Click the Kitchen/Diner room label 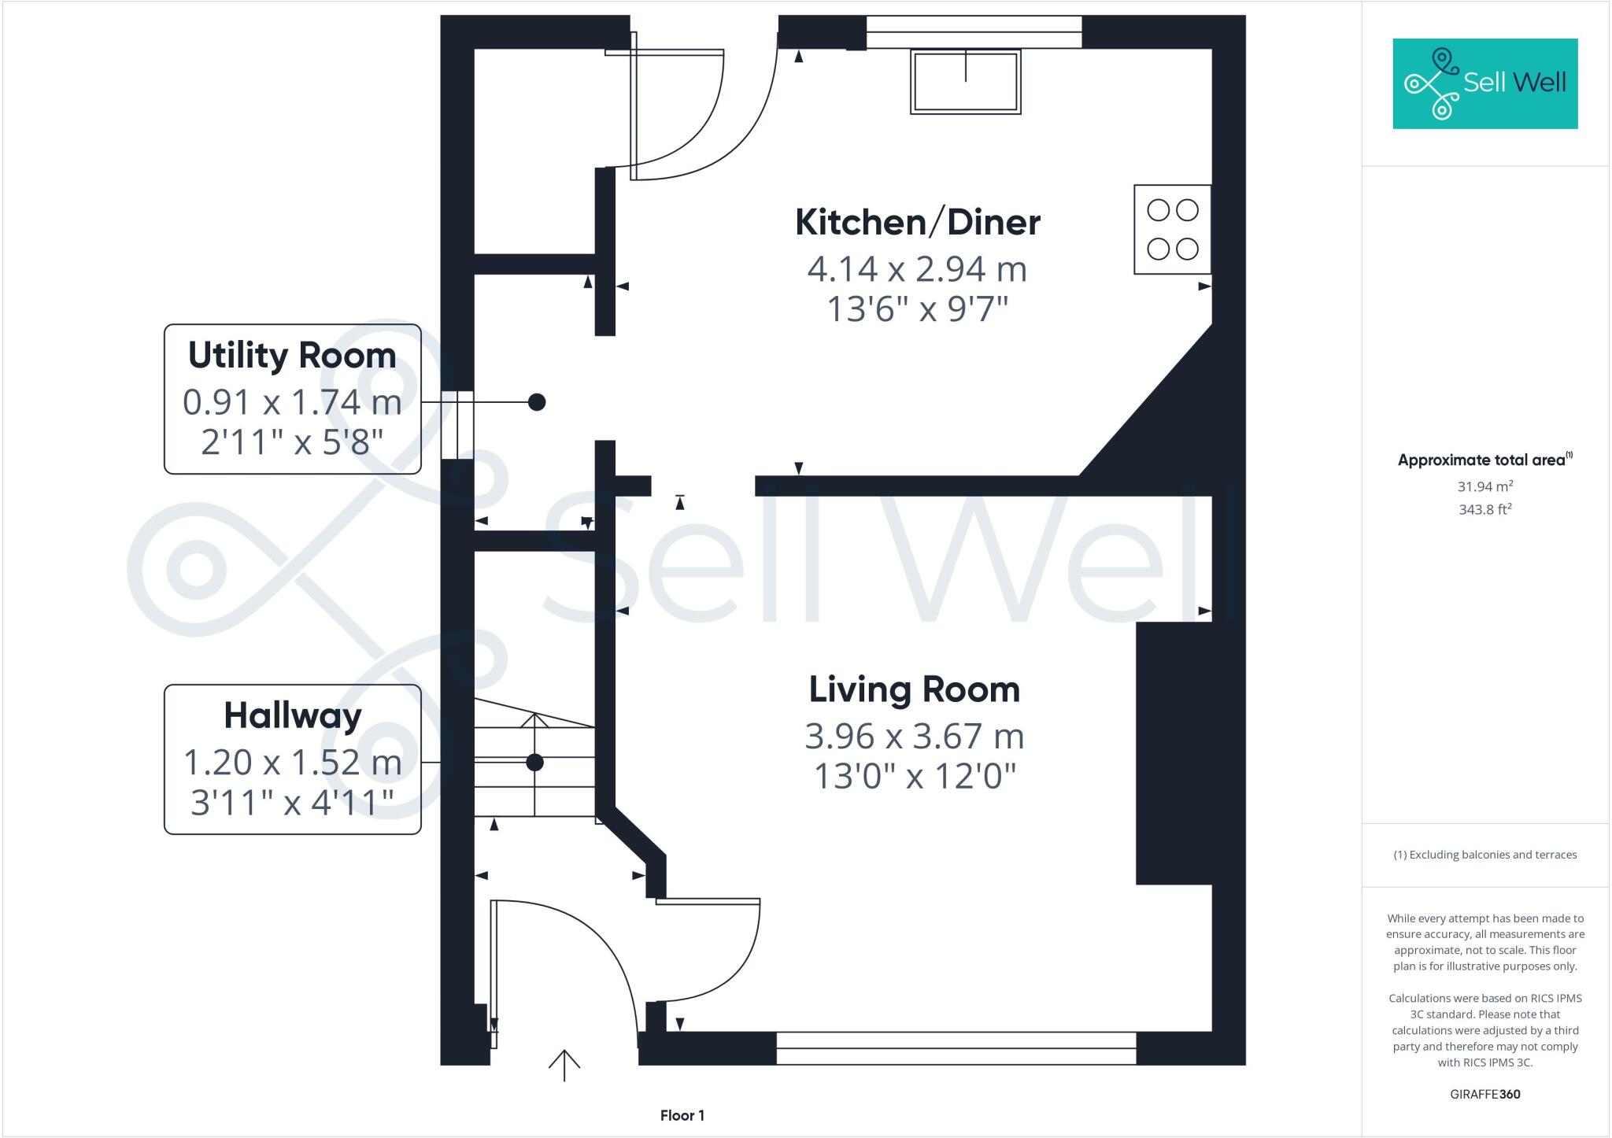(x=917, y=223)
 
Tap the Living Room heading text (x=914, y=689)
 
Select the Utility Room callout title (x=292, y=356)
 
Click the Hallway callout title (x=292, y=715)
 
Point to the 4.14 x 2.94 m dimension (x=917, y=269)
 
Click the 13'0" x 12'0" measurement (x=914, y=777)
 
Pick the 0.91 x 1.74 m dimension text (x=292, y=402)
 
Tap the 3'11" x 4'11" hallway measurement (x=292, y=803)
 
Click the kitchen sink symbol (x=966, y=82)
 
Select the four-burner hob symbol (x=1172, y=230)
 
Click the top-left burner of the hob (x=1159, y=210)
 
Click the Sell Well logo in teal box (x=1484, y=83)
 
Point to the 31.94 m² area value (x=1484, y=486)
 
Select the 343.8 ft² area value (x=1484, y=509)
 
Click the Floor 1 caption (x=682, y=1115)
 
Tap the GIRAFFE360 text (x=1484, y=1094)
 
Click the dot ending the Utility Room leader (x=536, y=402)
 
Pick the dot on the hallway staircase (x=534, y=762)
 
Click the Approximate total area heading (x=1484, y=460)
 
